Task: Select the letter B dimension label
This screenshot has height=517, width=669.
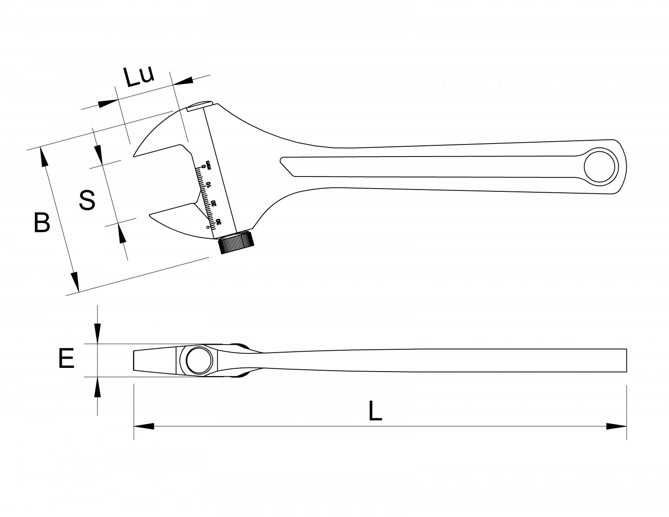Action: coord(42,223)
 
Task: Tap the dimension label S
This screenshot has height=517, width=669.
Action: coord(87,200)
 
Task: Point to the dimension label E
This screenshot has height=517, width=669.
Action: coord(66,359)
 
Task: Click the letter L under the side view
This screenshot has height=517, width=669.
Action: coord(375,411)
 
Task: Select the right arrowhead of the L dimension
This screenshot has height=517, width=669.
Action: coord(617,426)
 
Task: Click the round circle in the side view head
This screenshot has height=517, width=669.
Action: coord(199,360)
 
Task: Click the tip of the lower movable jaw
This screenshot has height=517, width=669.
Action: coord(150,215)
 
